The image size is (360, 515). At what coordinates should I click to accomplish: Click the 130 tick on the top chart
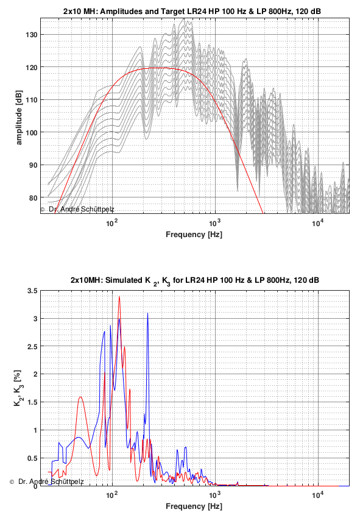coord(32,35)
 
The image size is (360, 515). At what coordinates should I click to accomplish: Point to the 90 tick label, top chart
coord(34,165)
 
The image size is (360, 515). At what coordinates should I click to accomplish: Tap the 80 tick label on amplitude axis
coord(34,197)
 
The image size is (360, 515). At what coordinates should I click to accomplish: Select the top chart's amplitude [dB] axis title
coord(19,116)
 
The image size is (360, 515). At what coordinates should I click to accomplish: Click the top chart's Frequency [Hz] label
coord(194,235)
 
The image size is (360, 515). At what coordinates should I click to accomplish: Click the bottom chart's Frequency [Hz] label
coord(194,506)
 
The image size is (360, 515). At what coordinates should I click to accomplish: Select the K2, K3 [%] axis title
coord(18,388)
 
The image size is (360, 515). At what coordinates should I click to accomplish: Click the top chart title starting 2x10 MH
coord(192,11)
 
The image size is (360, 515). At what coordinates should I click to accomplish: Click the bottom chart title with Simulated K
coord(194,280)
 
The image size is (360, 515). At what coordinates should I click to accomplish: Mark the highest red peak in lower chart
coord(119,297)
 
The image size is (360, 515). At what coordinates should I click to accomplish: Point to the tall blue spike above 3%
coord(147,313)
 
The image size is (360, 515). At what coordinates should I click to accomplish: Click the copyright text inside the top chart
coord(77,209)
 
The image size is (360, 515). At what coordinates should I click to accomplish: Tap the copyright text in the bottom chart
coord(47,481)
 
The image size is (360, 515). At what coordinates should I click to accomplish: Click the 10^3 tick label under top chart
coord(214,224)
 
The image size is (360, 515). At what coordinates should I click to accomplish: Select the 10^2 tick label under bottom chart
coord(112,495)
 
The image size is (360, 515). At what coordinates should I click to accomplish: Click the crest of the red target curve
coord(154,68)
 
